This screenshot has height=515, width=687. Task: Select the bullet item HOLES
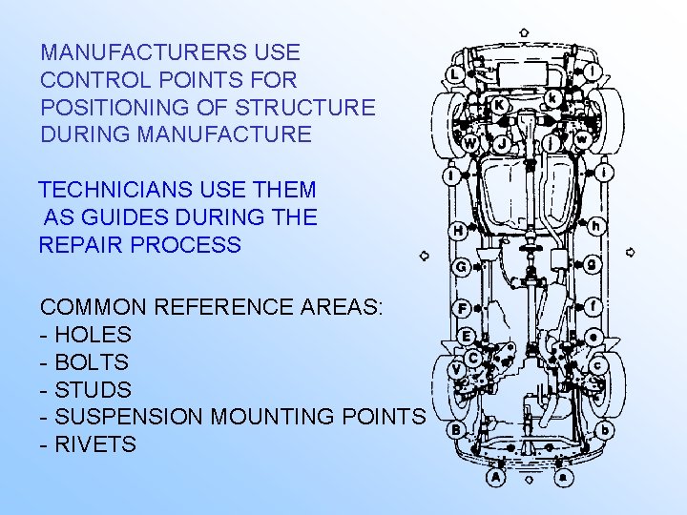(93, 336)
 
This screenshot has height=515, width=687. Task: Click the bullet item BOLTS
(92, 363)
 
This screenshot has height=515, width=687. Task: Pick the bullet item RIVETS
(95, 444)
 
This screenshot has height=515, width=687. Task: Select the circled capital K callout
(498, 104)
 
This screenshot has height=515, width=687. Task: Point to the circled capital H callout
(459, 230)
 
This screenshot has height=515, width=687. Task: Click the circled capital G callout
(460, 267)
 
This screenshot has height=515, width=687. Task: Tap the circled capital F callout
(462, 308)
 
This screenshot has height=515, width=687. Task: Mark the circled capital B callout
(456, 430)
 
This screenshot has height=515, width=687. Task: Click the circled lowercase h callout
(596, 226)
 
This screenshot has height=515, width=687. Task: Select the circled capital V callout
(456, 369)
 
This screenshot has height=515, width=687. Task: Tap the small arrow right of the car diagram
(630, 253)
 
